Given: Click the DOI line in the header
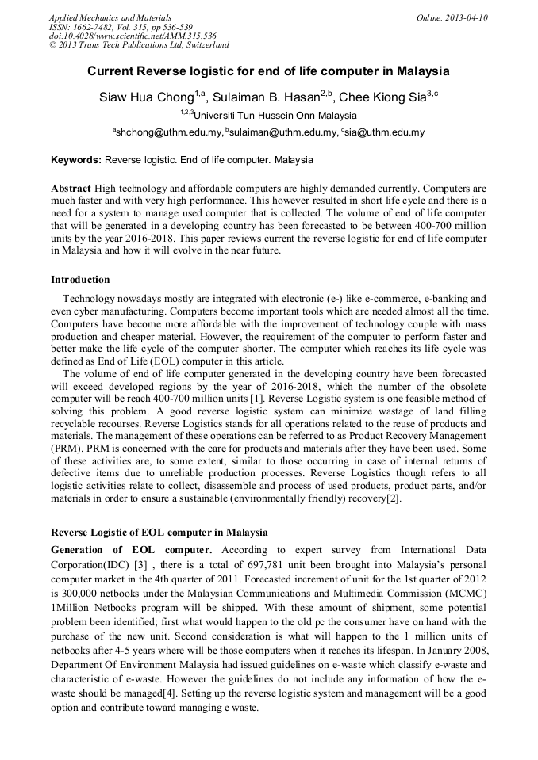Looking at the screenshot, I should pos(133,36).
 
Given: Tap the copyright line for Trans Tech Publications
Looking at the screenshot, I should pos(139,45).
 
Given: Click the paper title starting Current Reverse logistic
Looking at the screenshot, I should pos(268,71).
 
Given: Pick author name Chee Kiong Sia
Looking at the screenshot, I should pos(382,97).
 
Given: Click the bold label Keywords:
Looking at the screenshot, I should pos(76,160).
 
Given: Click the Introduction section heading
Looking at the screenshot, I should pos(80,280).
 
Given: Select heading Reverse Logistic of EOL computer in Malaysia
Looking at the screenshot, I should pos(159,532).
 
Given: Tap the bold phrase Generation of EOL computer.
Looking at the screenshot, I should pos(131,550).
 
